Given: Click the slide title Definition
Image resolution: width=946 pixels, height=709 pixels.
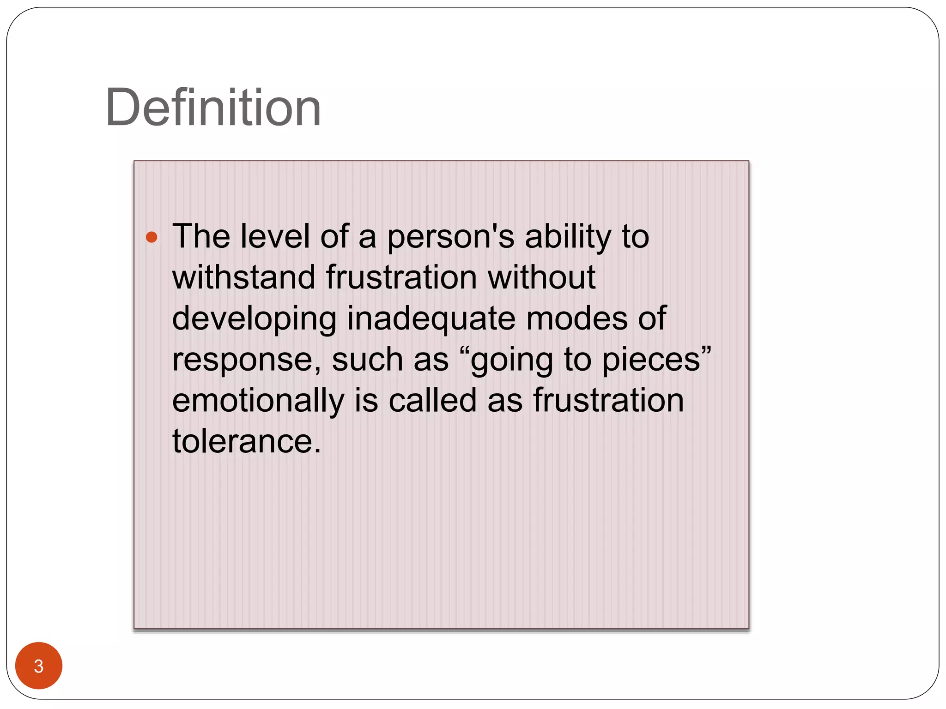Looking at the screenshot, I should pos(213,108).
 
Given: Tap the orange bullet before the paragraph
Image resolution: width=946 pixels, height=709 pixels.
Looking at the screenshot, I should pos(152,237).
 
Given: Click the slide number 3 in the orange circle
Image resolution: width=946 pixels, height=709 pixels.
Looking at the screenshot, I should pos(39,666).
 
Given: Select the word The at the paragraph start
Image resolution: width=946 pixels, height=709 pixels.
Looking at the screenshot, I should pos(201,236).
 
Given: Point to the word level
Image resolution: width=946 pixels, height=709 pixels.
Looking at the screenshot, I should pos(275,236).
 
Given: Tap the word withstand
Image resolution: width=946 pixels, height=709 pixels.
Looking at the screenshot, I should pos(243,277).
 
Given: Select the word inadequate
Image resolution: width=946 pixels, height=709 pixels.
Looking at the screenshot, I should pos(431,318).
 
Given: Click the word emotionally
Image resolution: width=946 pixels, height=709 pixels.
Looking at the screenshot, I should pos(258,401).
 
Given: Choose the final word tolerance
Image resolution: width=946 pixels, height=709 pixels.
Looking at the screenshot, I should pos(246,441).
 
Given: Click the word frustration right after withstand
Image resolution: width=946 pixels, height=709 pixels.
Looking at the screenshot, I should pos(401,277).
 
